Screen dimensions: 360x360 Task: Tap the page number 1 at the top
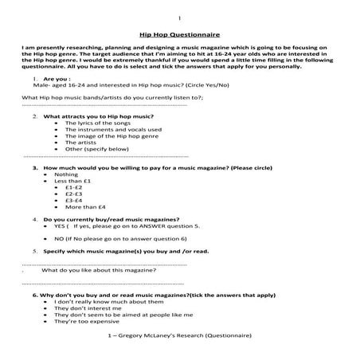180,17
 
